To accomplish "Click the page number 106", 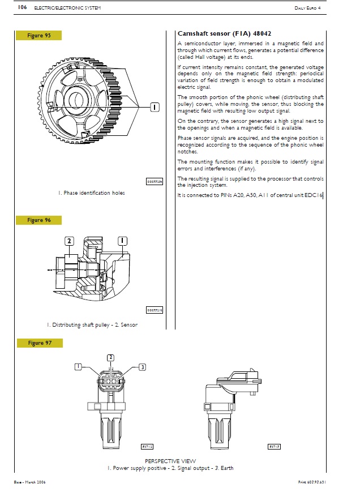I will tap(23, 7).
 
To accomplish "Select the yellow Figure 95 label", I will tap(39, 36).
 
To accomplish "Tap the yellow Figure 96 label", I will tap(39, 220).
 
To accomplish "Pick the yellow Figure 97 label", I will tap(39, 343).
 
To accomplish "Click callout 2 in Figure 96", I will tap(69, 241).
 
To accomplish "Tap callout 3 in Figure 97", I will tap(143, 367).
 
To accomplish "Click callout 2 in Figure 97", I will tap(110, 357).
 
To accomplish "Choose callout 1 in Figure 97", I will tap(79, 367).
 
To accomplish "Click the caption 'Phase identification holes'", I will tap(91, 193).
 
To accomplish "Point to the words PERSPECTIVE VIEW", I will tap(170, 461).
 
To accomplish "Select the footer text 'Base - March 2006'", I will tap(31, 482).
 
